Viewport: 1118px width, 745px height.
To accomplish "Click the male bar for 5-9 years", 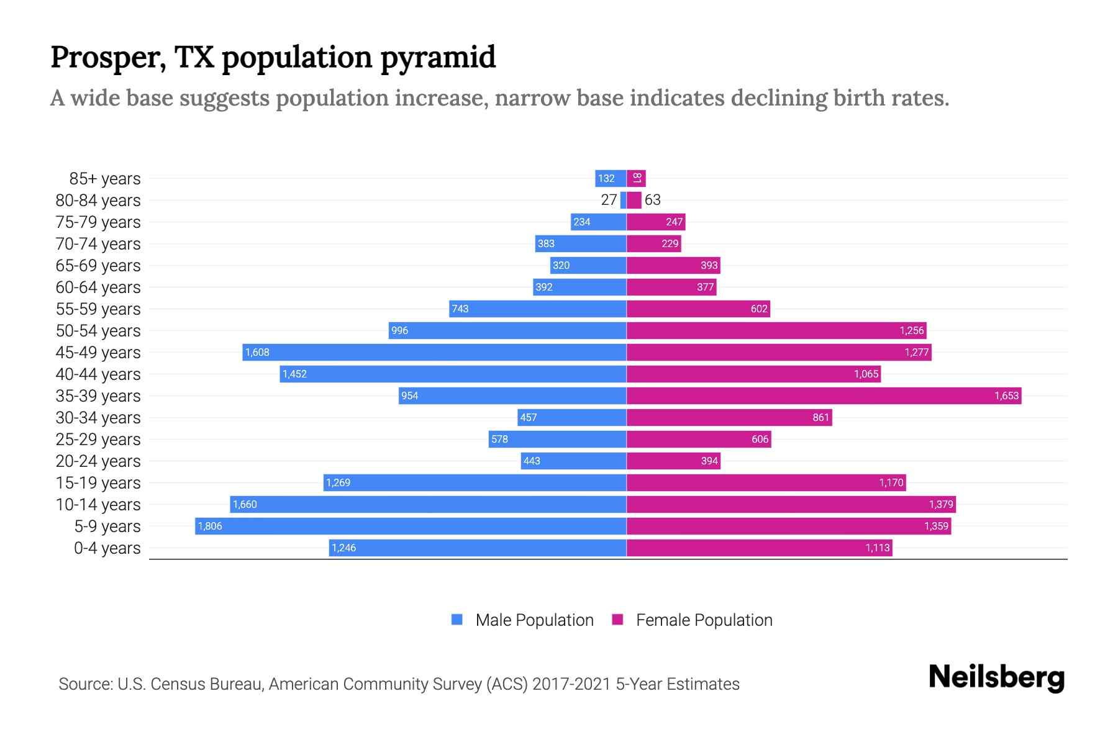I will pos(410,526).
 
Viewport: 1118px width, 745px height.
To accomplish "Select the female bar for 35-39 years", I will pos(824,396).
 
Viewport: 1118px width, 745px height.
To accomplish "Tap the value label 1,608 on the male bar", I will pos(257,353).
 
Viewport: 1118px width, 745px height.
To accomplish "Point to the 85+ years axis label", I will pos(105,179).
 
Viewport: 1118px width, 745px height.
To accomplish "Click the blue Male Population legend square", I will pos(457,620).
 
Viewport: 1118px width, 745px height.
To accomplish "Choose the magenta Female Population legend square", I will pos(617,620).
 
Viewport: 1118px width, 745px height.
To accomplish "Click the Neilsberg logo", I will pos(996,677).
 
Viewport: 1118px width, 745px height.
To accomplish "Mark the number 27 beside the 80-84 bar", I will pos(609,200).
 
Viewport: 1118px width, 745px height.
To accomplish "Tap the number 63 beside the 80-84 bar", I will pos(652,200).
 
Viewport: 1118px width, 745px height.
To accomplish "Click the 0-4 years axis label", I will pos(107,548).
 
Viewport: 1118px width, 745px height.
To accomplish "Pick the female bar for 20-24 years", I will pos(673,461).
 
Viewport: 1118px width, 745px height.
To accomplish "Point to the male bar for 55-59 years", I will pos(538,309).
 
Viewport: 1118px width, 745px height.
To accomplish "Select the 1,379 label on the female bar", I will pos(940,505).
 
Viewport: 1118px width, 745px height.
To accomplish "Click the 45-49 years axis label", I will pos(98,353).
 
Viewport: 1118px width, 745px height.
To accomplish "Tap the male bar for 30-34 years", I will pos(571,418).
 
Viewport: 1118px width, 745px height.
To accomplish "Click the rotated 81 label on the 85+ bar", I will pos(637,178).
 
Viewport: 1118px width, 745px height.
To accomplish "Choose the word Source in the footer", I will pos(84,684).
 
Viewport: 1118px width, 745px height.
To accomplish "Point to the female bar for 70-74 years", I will pos(653,244).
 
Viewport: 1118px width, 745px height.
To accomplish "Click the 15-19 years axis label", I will pos(98,483).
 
